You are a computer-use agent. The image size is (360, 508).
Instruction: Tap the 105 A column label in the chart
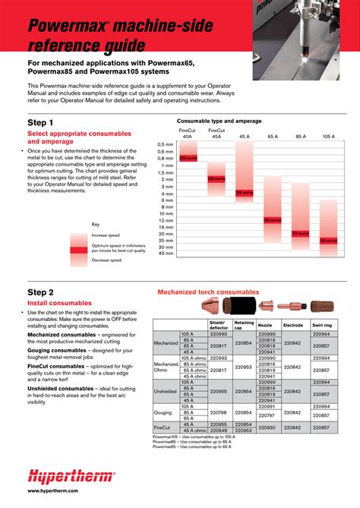pyautogui.click(x=328, y=135)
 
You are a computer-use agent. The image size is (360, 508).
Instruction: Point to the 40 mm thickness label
pyautogui.click(x=166, y=253)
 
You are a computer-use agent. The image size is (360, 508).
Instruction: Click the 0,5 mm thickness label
pyautogui.click(x=166, y=143)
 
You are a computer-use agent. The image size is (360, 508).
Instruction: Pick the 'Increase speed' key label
pyautogui.click(x=107, y=235)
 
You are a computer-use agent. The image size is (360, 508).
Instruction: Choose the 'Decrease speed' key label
pyautogui.click(x=107, y=260)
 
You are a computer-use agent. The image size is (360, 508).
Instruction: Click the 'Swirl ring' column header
pyautogui.click(x=321, y=324)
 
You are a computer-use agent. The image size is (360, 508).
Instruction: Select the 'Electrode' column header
pyautogui.click(x=292, y=324)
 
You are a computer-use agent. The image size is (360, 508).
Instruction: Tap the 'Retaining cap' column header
pyautogui.click(x=244, y=324)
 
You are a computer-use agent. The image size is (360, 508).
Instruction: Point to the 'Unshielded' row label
pyautogui.click(x=166, y=392)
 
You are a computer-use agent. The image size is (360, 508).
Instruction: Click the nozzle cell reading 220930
pyautogui.click(x=267, y=428)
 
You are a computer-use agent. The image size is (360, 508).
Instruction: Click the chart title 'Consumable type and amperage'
pyautogui.click(x=219, y=121)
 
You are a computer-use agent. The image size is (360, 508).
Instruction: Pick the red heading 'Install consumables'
pyautogui.click(x=59, y=303)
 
